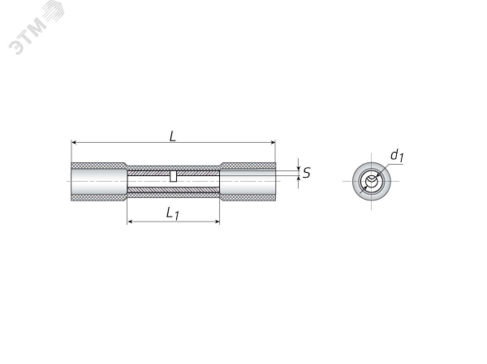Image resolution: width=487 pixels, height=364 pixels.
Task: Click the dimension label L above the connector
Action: point(172,136)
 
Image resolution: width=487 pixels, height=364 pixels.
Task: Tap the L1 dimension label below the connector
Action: point(172,213)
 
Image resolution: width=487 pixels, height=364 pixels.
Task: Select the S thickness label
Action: point(306,173)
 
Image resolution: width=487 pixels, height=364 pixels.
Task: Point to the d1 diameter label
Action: point(396,155)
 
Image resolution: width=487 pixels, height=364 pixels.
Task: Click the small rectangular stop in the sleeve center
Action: point(173,176)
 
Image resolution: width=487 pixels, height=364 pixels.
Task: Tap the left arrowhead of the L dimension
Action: point(74,142)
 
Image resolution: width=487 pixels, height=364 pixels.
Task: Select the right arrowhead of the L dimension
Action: point(273,142)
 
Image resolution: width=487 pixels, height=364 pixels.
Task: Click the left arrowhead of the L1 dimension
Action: point(130,222)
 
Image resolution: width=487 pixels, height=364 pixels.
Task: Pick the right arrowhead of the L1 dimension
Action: point(218,222)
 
